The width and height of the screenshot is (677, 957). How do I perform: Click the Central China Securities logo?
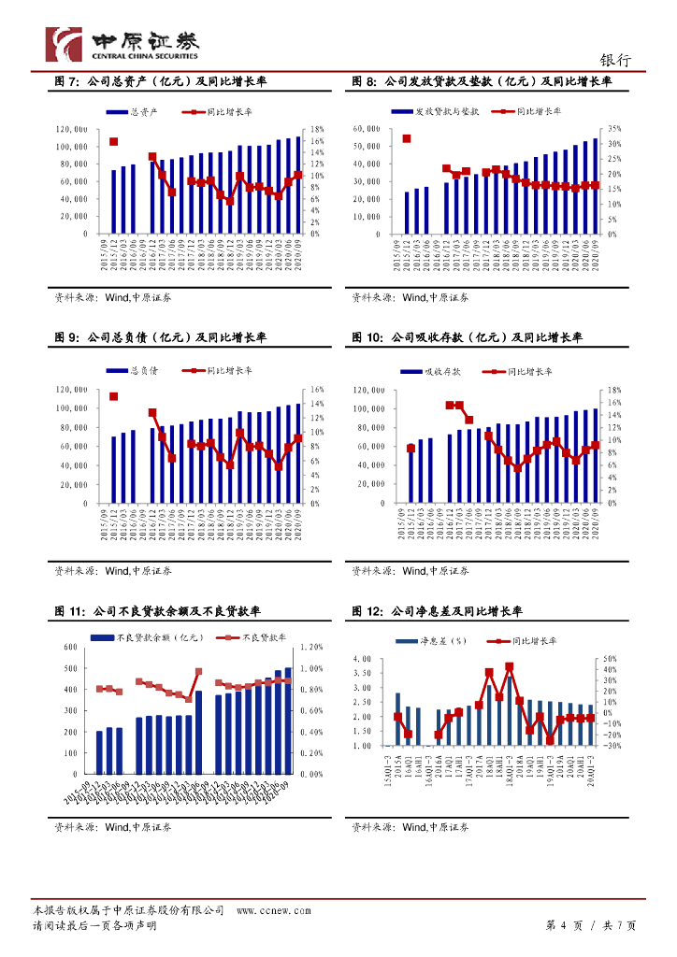click(x=122, y=43)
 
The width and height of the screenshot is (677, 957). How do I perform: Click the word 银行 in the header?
click(x=614, y=60)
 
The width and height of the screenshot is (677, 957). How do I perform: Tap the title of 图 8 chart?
click(x=482, y=82)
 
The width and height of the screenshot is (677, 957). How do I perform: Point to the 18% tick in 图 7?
click(x=317, y=129)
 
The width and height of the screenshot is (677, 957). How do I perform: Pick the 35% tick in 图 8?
click(x=613, y=129)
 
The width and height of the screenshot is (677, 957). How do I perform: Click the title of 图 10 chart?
click(x=467, y=337)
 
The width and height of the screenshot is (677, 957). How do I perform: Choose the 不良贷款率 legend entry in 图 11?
click(x=255, y=637)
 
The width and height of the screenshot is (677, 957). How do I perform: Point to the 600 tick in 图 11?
click(x=71, y=647)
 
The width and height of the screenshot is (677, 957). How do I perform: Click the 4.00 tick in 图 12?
click(x=364, y=660)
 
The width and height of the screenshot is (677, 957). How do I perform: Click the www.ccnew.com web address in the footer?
click(x=268, y=909)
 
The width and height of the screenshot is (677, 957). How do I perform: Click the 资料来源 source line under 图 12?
click(x=411, y=827)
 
